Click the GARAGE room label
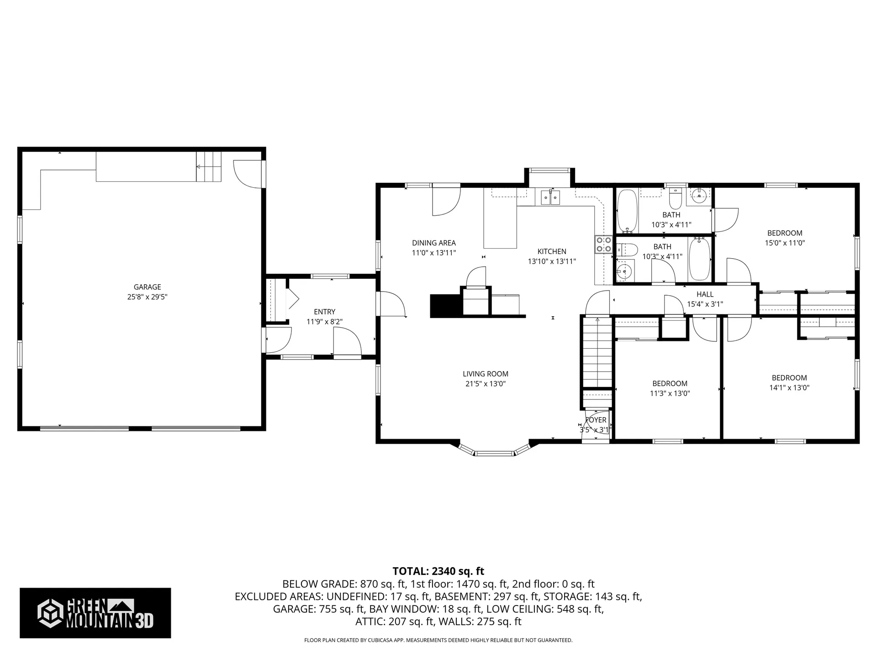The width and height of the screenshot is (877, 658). pos(147,287)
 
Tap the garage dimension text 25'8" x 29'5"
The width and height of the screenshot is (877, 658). pos(147,297)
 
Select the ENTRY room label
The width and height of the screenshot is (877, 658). pos(324,312)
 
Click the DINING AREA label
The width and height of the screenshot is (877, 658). pos(433,243)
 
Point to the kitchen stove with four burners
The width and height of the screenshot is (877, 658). pos(603,244)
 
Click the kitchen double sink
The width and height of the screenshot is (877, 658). pos(550,197)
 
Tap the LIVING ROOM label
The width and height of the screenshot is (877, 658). pos(485,374)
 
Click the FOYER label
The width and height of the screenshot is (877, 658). pos(596,420)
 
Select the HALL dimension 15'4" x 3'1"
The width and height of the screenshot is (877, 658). pos(705,304)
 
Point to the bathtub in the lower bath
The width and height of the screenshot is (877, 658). pos(699,259)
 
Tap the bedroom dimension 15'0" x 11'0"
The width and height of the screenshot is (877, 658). pos(785,243)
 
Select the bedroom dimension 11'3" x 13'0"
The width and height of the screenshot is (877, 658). pos(670,393)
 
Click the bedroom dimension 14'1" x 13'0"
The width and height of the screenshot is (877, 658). pos(789,387)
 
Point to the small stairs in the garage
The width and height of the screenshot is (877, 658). pos(209,166)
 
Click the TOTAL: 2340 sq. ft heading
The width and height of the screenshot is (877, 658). pos(438,571)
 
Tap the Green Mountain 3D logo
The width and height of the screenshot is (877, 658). pos(95,613)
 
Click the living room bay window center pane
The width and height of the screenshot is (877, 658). pos(494,453)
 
